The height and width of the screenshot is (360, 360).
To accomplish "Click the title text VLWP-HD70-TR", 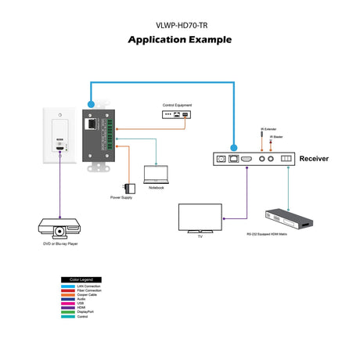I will [179, 24].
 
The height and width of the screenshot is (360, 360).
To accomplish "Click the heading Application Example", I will [179, 39].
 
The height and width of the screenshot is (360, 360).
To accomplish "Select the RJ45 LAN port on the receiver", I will [232, 159].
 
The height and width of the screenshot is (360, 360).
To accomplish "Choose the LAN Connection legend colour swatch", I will [67, 286].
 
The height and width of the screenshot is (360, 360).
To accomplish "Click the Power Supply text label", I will [121, 198].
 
